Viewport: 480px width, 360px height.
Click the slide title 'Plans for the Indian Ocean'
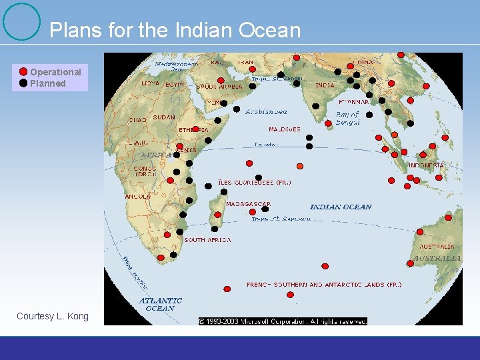click(x=175, y=30)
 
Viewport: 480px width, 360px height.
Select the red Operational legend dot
click(x=23, y=72)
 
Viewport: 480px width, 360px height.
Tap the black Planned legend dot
click(x=23, y=83)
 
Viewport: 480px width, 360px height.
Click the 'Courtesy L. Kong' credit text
click(x=52, y=316)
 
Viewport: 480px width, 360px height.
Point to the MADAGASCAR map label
click(x=248, y=204)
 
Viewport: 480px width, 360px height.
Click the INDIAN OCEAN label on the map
click(x=341, y=207)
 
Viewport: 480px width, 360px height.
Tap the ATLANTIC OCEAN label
click(x=161, y=304)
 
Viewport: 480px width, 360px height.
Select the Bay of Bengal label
click(x=347, y=119)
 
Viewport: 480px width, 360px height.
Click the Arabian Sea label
click(x=266, y=112)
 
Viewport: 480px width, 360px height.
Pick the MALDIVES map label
click(x=285, y=129)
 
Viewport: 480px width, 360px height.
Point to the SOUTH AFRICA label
click(x=207, y=240)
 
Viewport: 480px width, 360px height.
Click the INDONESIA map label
click(x=426, y=165)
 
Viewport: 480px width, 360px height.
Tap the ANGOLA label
click(x=137, y=197)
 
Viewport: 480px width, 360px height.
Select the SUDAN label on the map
click(x=163, y=118)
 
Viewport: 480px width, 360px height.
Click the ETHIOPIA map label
click(x=193, y=129)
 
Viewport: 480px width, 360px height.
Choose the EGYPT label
click(x=175, y=85)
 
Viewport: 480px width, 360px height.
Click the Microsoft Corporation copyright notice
click(x=283, y=321)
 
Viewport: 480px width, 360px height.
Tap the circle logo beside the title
click(x=21, y=22)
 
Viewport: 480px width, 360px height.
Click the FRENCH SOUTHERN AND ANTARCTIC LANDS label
click(x=324, y=285)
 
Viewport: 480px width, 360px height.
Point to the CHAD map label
click(x=137, y=121)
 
